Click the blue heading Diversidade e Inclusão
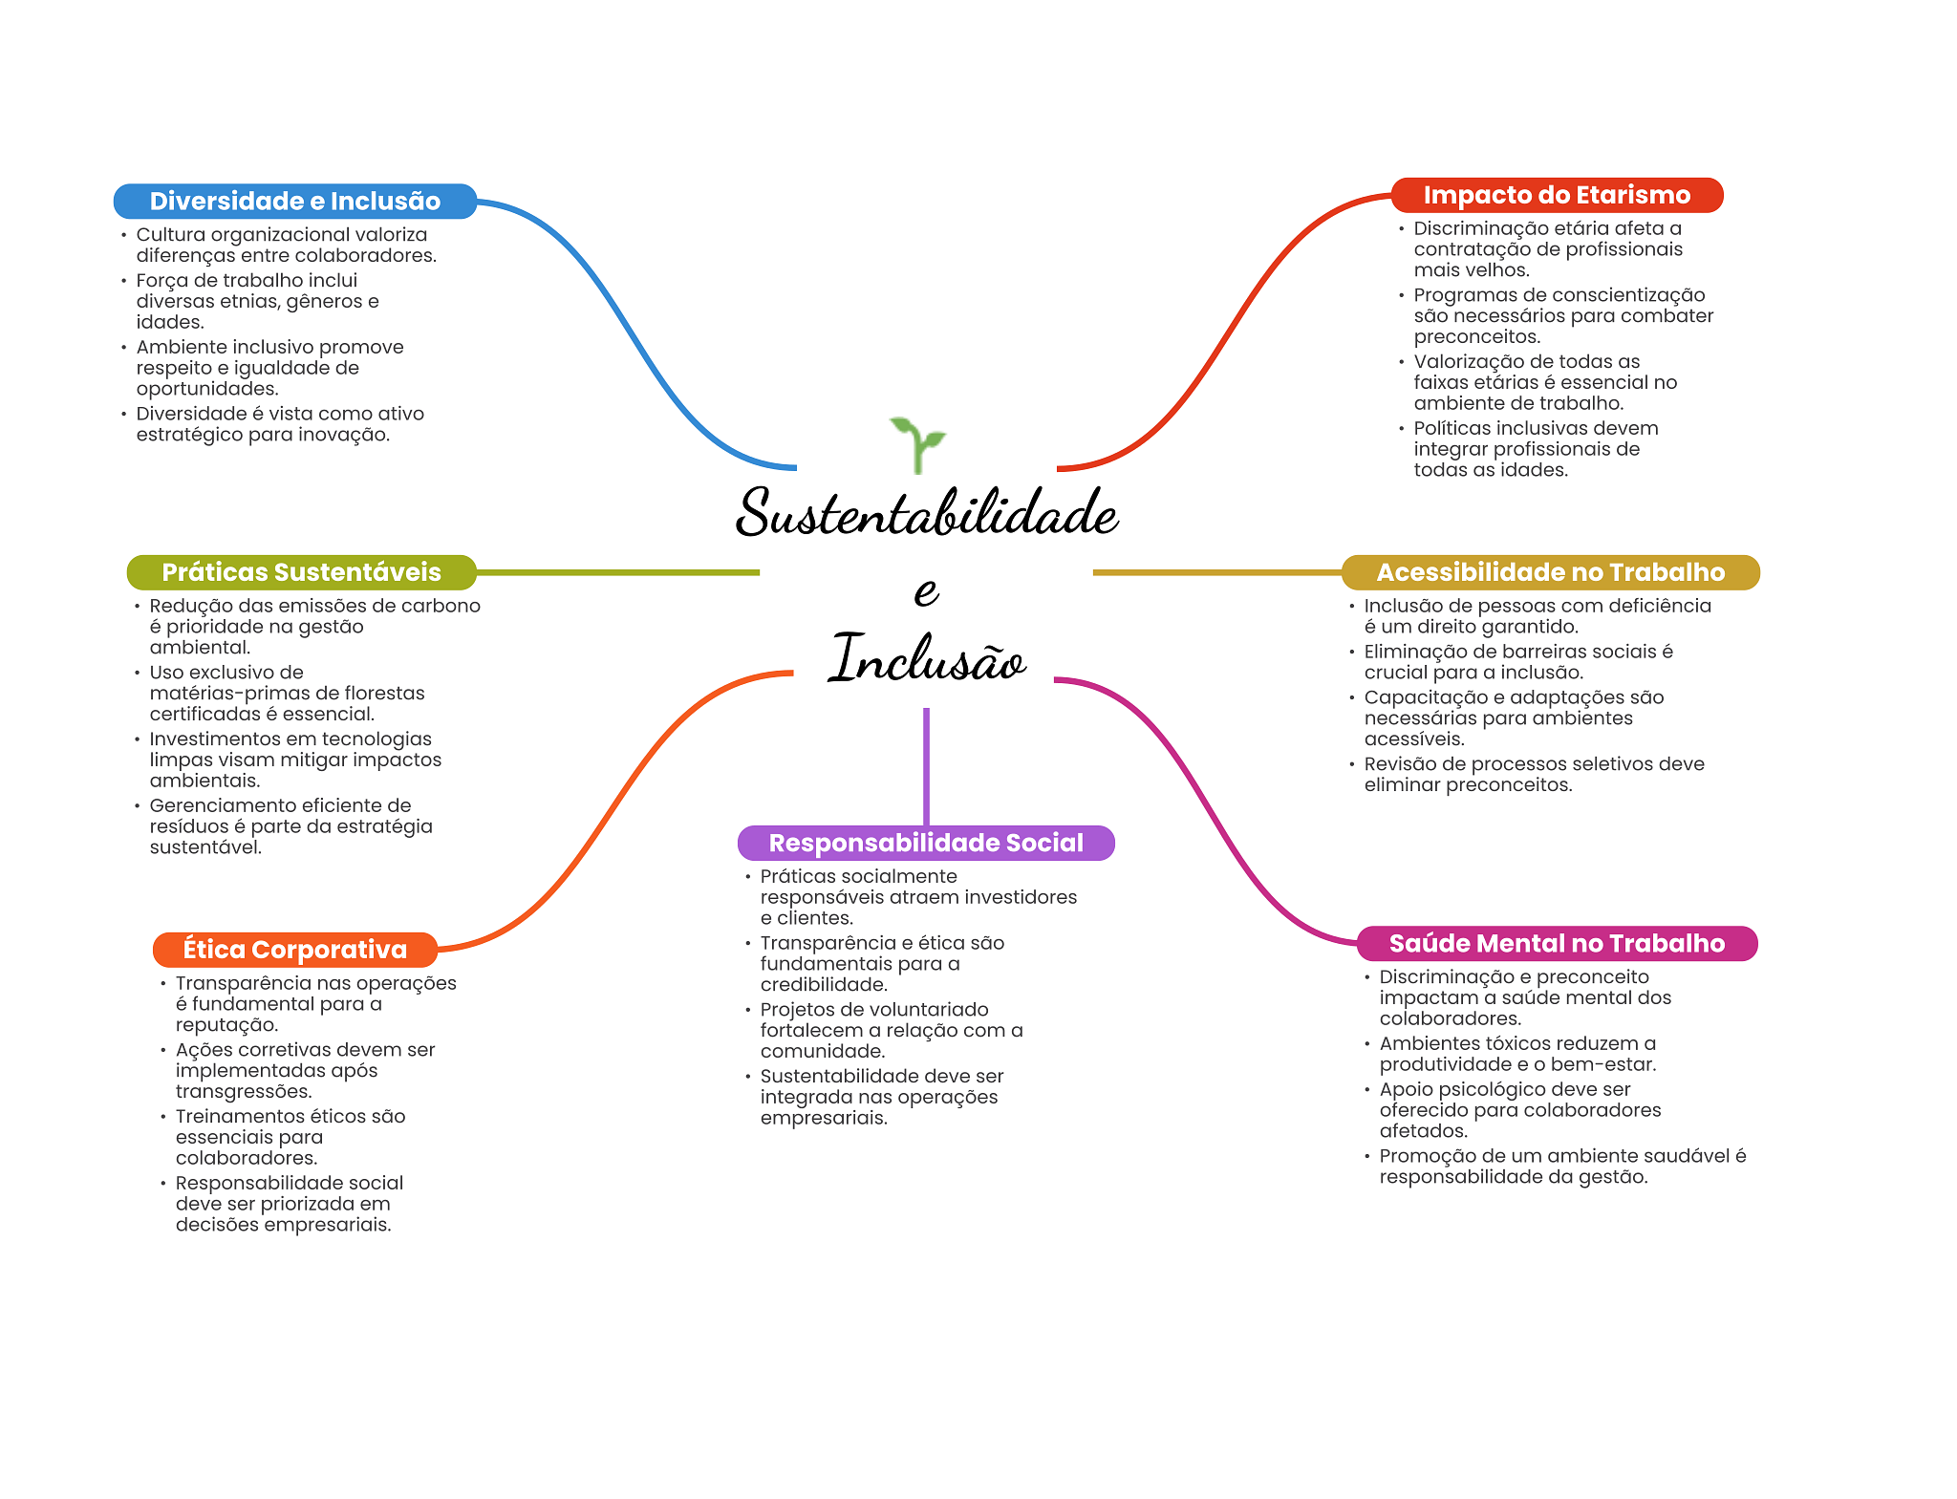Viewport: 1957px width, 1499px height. click(294, 202)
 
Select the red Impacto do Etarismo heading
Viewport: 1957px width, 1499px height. click(1557, 196)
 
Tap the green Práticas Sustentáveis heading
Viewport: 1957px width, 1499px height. click(301, 572)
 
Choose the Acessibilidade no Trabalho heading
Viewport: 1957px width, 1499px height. click(1550, 572)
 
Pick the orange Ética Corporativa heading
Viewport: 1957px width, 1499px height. click(294, 950)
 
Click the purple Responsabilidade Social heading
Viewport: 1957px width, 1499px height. click(926, 843)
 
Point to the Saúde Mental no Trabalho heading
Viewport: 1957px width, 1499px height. click(1557, 944)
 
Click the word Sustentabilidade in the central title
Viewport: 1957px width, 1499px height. click(926, 514)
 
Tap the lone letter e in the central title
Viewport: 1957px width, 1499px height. click(926, 590)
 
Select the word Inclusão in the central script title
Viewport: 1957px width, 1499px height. click(926, 659)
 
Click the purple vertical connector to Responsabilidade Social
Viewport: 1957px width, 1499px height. click(926, 764)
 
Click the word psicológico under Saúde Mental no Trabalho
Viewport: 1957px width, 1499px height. click(1494, 1089)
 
